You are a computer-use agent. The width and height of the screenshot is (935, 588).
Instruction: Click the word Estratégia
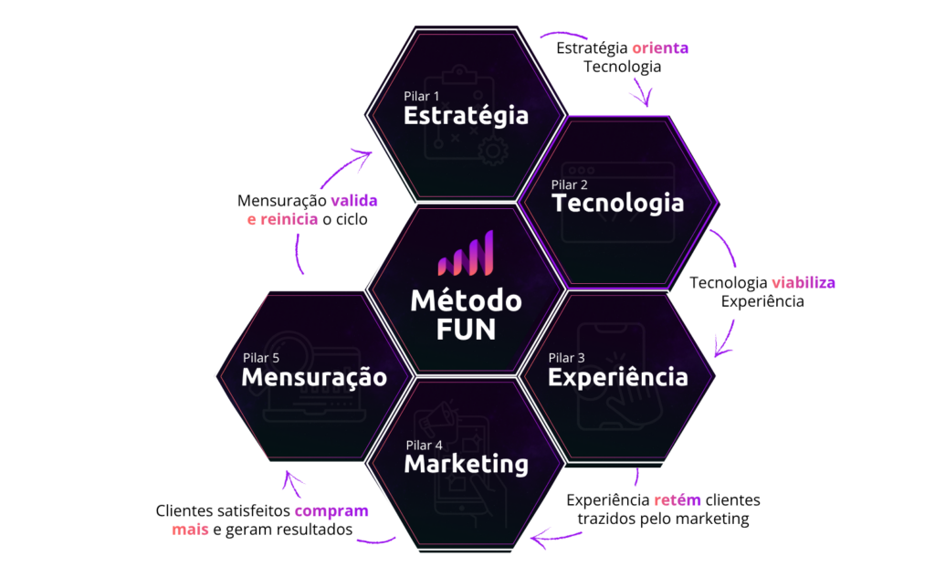pos(466,116)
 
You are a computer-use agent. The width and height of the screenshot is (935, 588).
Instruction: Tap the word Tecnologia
pos(617,202)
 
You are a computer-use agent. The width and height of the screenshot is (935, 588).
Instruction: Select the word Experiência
pos(617,376)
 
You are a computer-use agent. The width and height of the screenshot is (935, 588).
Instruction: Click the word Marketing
pos(466,464)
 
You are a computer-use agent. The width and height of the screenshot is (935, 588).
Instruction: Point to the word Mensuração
pos(314,377)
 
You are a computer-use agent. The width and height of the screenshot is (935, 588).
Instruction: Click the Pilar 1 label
pos(422,96)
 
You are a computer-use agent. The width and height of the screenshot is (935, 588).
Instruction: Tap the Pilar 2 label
pos(570,184)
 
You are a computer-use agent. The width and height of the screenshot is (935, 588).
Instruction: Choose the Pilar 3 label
pos(566,357)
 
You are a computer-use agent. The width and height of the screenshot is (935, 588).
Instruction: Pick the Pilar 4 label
pos(424,445)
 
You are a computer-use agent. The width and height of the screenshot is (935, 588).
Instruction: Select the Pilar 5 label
pos(261,358)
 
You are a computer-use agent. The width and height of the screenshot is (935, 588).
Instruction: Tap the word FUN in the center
pos(466,329)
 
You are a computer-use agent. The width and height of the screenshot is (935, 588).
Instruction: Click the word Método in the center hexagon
pos(466,299)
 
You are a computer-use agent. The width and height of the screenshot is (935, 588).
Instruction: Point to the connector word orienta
pos(660,48)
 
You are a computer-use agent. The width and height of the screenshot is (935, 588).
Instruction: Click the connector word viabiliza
pos(803,282)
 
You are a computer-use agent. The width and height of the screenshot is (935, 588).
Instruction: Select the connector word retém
pos(678,500)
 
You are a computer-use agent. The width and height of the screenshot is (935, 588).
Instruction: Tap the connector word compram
pos(331,511)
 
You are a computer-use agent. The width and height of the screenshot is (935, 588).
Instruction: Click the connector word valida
pos(353,201)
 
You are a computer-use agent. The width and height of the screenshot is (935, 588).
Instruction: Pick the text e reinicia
pos(282,219)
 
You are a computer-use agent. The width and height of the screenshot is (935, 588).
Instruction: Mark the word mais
pos(190,530)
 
